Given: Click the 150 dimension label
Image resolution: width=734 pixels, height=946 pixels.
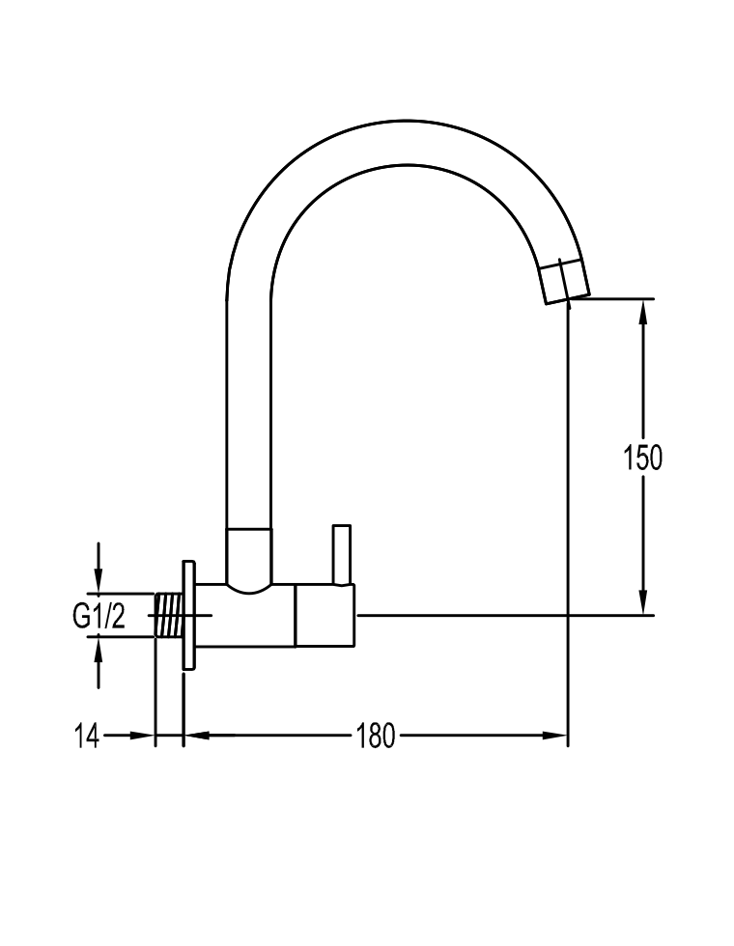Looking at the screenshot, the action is coord(642,458).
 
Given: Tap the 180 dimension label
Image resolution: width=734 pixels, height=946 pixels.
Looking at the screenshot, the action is coord(376,736).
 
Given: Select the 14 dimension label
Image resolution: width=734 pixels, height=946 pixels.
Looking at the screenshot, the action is coord(86,736).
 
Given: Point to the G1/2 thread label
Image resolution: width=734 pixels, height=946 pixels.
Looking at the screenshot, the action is coord(99,616).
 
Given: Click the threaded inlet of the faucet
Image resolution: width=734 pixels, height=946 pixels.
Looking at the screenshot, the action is coord(170,615).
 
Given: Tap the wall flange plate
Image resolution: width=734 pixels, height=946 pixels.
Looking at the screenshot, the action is coord(189,615).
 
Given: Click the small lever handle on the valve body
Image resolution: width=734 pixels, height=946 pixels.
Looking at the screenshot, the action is coord(342,555).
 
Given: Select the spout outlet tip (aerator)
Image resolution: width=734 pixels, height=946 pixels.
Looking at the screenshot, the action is coord(564,281).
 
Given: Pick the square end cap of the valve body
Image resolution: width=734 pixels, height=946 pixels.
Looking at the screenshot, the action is coord(325,616).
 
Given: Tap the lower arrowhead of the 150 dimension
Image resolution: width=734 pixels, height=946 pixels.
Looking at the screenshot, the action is coord(643,601).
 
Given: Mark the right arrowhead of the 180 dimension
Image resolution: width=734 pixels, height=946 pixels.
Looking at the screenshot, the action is coord(554,736).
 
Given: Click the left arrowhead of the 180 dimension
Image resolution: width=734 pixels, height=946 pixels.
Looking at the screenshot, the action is coord(197,736).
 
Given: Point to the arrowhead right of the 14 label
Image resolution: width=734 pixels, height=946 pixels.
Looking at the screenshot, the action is coord(142,736).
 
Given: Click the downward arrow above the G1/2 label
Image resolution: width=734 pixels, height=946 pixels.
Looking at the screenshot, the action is coord(99,568).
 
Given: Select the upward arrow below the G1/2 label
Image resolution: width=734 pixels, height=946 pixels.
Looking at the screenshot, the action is coord(99,662).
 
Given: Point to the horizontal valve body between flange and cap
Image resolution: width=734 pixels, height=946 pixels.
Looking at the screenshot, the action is coord(245,616).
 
